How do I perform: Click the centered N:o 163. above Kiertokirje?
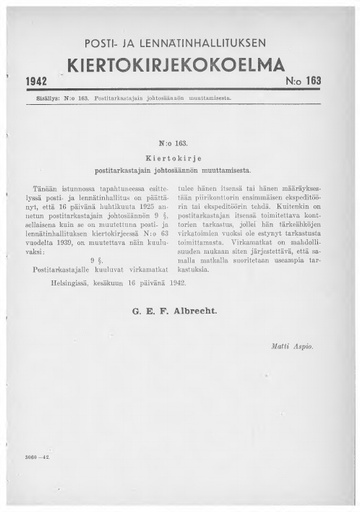pyautogui.click(x=180, y=144)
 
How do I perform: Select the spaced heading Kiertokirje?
pyautogui.click(x=180, y=157)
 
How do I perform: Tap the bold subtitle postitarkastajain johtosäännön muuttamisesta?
pyautogui.click(x=180, y=169)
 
